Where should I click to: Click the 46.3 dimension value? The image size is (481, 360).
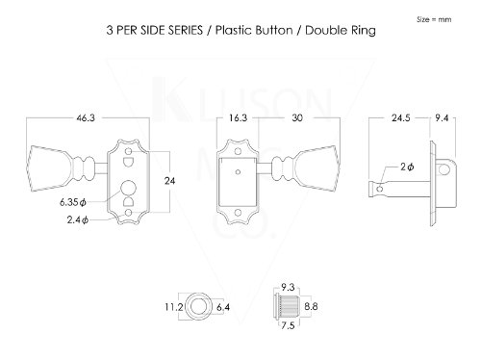click(x=86, y=118)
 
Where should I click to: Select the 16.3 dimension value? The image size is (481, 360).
click(x=238, y=118)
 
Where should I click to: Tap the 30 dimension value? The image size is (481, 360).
click(x=297, y=118)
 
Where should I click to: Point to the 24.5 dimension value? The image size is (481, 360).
click(x=401, y=118)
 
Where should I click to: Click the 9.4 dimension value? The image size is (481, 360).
click(x=442, y=118)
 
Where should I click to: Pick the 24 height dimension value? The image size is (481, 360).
click(x=169, y=181)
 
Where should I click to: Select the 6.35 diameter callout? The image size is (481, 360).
click(x=73, y=202)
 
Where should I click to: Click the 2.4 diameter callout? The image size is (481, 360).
click(x=78, y=219)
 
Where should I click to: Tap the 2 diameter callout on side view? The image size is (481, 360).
click(x=407, y=167)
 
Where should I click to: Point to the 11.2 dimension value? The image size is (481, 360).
click(x=173, y=307)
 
